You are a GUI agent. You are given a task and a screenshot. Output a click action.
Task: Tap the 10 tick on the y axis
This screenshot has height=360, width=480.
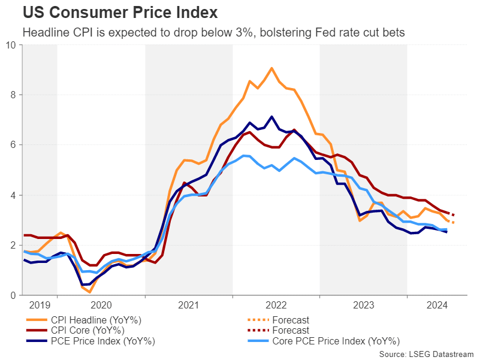(x=11, y=45)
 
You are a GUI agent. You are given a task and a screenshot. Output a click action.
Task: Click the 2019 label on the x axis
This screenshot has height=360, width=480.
(x=40, y=305)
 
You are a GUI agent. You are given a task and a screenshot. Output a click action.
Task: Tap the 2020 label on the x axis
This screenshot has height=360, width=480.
(x=101, y=305)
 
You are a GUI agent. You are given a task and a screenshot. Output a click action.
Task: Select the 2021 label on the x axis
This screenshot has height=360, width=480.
(x=189, y=305)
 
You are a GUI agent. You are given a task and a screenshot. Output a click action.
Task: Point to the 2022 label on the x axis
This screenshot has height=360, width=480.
(x=276, y=305)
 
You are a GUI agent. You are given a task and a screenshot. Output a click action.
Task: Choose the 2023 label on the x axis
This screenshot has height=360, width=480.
(x=364, y=305)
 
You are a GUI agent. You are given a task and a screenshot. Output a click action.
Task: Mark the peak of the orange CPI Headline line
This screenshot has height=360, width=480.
(x=271, y=68)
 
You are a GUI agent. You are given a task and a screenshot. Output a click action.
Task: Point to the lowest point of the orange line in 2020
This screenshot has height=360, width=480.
(x=89, y=292)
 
